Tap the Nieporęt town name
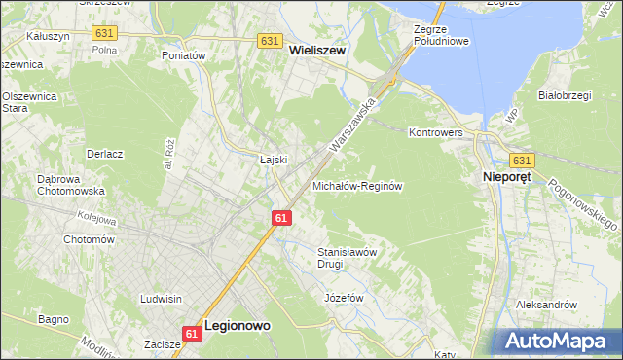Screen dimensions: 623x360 [x=509, y=178]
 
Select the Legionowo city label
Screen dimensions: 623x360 [x=238, y=329]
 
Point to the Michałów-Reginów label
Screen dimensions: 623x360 [x=357, y=185]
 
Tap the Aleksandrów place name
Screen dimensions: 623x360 [x=546, y=305]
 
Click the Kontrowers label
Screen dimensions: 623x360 [x=434, y=131]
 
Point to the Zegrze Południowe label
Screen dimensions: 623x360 [x=441, y=36]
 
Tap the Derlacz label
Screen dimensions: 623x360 [x=104, y=154]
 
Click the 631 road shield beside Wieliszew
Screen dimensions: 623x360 [x=271, y=41]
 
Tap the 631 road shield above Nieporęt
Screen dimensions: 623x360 [x=522, y=161]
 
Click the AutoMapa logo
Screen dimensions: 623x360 [x=559, y=340]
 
